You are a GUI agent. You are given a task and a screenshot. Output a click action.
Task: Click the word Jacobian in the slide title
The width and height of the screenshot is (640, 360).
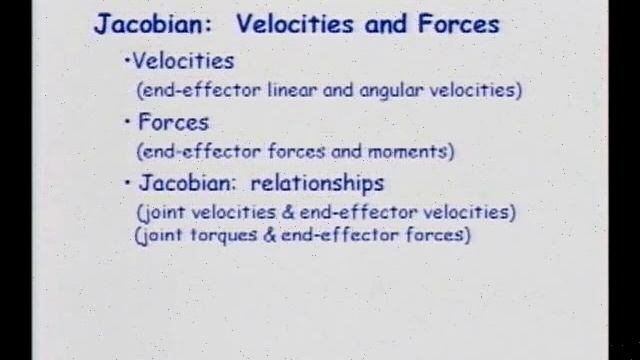[x=144, y=24]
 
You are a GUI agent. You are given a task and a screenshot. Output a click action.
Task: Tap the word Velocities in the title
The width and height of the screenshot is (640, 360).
[x=297, y=24]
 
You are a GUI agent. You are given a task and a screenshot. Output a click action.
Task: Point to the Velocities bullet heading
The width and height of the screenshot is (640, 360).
[x=183, y=62]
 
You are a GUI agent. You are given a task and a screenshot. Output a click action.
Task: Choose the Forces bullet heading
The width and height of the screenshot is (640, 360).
[x=173, y=123]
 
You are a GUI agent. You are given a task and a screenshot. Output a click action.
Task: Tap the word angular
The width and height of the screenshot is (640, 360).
[x=395, y=90]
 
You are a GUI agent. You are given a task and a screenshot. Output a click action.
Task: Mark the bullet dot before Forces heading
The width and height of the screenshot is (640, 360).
[x=128, y=124]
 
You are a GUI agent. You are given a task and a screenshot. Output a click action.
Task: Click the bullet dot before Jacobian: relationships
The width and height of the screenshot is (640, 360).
[x=128, y=185]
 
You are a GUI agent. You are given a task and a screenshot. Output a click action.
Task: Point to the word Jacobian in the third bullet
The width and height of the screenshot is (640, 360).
[x=187, y=184]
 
